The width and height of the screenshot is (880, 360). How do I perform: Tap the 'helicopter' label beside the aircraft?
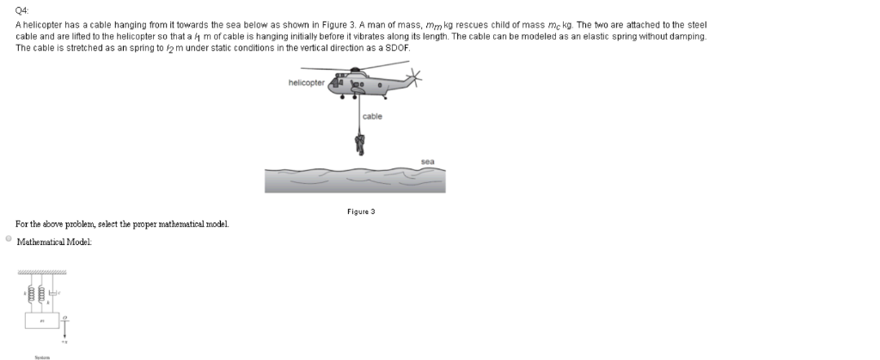pos(306,82)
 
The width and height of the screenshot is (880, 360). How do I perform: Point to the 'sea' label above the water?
pos(427,161)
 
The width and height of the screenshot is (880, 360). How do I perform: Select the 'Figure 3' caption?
pos(361,211)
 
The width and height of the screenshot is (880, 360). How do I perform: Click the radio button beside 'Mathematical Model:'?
pos(9,240)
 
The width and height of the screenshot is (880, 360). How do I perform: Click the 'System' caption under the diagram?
pos(41,356)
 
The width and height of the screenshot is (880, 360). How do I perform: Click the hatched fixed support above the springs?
pos(41,272)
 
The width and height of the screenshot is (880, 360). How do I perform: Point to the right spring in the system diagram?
pos(41,294)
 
